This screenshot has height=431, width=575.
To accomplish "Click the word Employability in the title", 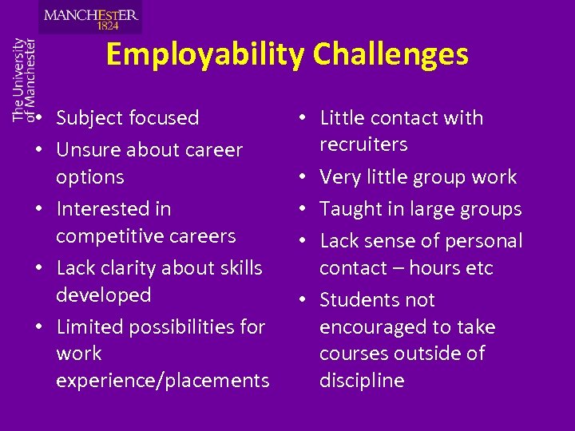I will click(205, 55).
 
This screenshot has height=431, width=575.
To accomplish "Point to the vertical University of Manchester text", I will click(24, 79).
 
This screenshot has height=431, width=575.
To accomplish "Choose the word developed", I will click(103, 295).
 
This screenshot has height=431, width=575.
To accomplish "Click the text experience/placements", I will click(162, 381).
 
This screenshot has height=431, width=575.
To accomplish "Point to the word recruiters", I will click(363, 144).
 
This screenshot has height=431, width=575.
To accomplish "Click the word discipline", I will click(362, 381).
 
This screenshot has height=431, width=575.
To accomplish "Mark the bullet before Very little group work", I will click(307, 178).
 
